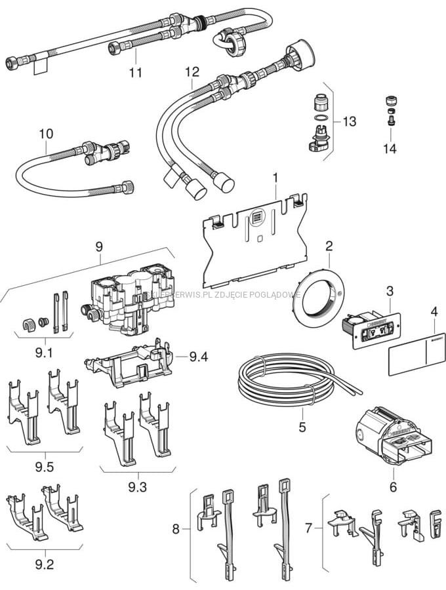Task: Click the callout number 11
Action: click(135, 72)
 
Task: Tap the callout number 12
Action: click(192, 71)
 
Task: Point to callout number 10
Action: click(45, 134)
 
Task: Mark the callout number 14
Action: click(390, 149)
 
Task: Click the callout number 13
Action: click(349, 121)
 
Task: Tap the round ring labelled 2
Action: click(315, 293)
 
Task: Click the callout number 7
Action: click(310, 526)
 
